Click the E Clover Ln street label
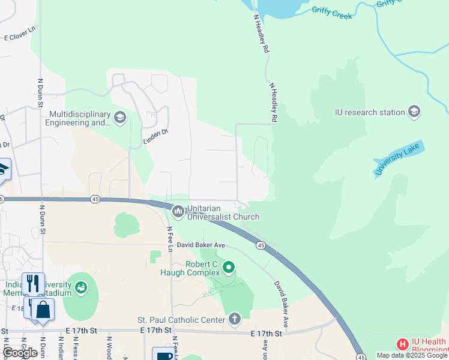20,37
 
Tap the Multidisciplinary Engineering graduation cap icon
120,116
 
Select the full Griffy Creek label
332,13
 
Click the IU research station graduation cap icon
414,112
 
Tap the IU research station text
369,112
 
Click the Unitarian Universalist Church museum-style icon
178,211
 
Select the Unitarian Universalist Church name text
223,212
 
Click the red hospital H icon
402,344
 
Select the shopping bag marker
43,310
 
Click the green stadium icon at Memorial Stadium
80,288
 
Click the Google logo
20,353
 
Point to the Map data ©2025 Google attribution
412,355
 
